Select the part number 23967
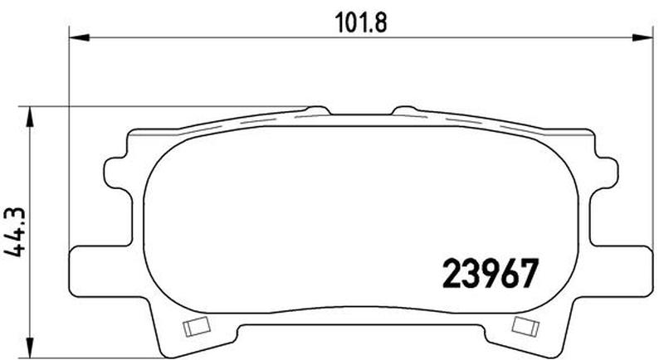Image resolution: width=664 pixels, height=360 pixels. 490,272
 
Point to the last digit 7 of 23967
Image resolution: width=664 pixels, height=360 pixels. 530,272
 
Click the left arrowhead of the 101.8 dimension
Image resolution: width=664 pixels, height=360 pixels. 75,37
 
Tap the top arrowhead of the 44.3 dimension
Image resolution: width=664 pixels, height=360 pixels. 32,114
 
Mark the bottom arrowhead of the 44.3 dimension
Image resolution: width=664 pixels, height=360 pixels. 32,346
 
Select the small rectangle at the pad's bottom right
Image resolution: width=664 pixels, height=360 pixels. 524,326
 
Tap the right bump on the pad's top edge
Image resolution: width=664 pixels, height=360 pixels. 405,109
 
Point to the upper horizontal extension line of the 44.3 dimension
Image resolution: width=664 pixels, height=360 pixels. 166,106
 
